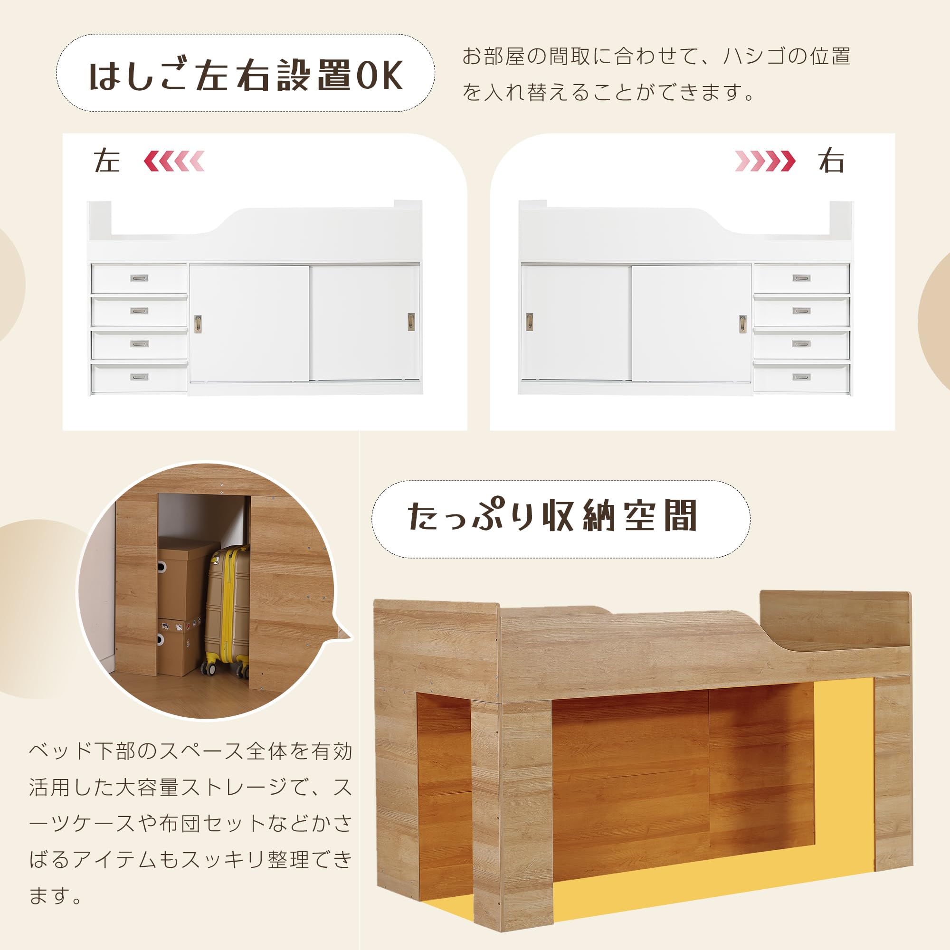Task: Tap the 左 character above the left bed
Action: tap(107, 161)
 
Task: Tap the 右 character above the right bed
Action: tap(831, 161)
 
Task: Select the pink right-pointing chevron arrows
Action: tap(765, 161)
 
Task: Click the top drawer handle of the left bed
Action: tap(139, 278)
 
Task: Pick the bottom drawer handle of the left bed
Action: tap(139, 377)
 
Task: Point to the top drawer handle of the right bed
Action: tap(801, 278)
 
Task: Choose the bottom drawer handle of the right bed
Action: tap(801, 377)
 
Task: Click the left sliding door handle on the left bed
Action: tap(198, 323)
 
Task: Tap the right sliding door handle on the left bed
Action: tap(411, 322)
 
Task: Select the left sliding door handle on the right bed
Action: tap(530, 322)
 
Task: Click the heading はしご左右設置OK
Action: tap(246, 75)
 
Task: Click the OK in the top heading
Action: tap(379, 75)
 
